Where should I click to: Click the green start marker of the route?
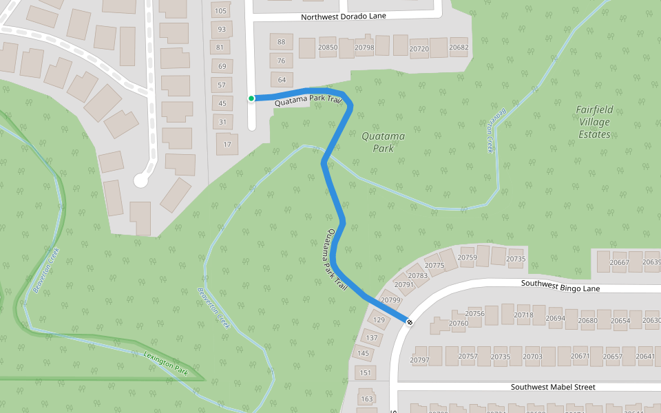(251, 98)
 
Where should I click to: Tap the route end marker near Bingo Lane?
(410, 321)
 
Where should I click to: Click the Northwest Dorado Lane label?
(353, 16)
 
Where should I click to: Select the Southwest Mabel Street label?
(552, 387)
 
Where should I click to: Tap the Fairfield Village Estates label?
(594, 121)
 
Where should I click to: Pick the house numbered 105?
(221, 10)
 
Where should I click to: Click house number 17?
(226, 145)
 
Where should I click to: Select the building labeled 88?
(281, 42)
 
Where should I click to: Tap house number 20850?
(328, 47)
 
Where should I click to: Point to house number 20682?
(459, 47)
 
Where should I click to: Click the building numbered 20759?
(467, 258)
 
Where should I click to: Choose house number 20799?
(390, 300)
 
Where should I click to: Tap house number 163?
(367, 399)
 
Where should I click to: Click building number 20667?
(620, 263)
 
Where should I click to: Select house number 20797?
(419, 360)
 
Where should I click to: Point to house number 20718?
(523, 315)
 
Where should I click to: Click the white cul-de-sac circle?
(141, 180)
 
